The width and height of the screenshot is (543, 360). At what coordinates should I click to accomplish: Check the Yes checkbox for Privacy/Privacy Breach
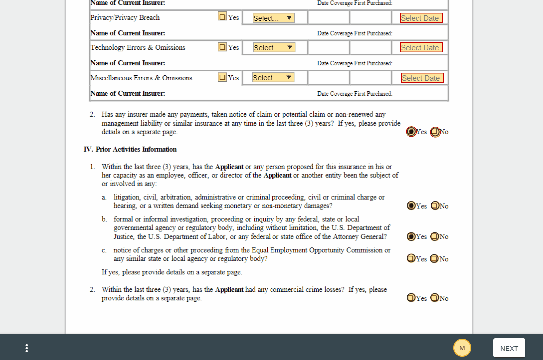coord(222,16)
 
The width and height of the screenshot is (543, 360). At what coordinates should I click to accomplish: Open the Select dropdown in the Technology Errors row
coord(274,48)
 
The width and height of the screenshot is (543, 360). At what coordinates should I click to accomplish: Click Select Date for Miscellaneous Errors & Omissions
coord(422,78)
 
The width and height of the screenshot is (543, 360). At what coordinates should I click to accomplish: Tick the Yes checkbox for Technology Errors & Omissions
coord(222,47)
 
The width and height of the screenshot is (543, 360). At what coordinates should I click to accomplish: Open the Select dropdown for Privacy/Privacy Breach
coord(273,18)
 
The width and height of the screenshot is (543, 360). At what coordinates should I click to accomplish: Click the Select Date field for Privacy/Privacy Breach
coord(421,18)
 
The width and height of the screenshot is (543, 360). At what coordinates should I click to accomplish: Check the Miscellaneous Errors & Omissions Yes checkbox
coord(222,77)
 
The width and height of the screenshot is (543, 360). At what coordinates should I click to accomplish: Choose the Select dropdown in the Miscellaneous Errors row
coord(273,78)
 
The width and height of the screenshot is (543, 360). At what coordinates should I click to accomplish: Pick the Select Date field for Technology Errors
coord(421,48)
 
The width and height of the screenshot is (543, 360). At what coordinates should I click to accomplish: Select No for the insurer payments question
coord(435,132)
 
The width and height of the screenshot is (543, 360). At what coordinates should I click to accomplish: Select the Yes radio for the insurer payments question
coord(411,132)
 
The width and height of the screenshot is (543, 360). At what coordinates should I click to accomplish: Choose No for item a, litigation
coord(435,206)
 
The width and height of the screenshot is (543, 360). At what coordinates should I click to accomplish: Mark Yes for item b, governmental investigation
coord(411,236)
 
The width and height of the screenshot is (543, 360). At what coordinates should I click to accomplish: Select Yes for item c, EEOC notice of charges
coord(411,258)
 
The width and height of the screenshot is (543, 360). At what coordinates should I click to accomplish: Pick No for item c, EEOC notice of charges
coord(435,258)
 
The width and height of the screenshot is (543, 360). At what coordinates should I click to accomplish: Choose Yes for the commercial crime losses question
coord(411,298)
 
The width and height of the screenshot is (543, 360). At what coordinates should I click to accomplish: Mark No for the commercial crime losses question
coord(435,298)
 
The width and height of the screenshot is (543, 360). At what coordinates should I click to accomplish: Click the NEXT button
coord(509,348)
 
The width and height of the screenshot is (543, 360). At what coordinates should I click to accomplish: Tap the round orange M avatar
coord(462,348)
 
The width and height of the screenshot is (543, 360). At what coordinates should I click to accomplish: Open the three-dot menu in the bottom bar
coord(27,348)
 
